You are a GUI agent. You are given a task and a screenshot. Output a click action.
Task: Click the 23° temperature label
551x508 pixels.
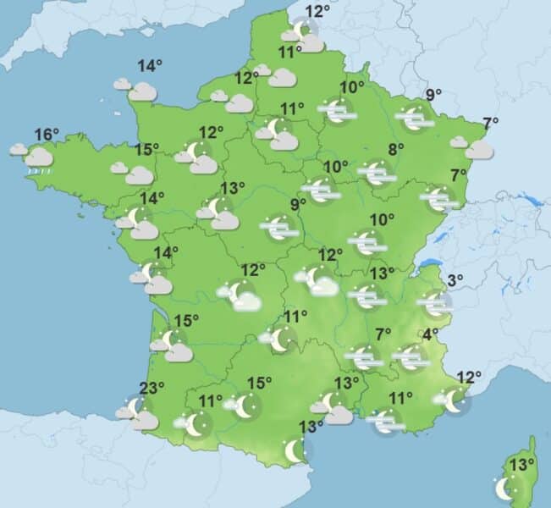[x=152, y=389]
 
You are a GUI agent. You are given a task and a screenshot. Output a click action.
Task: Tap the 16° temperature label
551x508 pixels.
[x=47, y=134]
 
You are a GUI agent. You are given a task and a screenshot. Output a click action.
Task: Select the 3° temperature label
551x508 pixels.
[x=455, y=281]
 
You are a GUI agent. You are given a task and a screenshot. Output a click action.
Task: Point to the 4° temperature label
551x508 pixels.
[x=431, y=334]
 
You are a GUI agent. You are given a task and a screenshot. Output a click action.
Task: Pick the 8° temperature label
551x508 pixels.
[x=395, y=150]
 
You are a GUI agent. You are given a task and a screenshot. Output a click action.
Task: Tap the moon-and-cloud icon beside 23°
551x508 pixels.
[x=138, y=413]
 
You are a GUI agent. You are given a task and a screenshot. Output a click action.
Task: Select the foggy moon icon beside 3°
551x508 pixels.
[x=436, y=302]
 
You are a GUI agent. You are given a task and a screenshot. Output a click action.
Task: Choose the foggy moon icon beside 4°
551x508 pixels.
[x=412, y=356]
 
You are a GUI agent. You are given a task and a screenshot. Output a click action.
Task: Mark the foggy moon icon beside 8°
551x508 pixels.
[x=377, y=173]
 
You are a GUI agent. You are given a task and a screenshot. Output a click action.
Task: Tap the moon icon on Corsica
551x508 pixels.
[x=506, y=489]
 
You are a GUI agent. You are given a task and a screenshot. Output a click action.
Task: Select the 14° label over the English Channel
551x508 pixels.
[x=151, y=66]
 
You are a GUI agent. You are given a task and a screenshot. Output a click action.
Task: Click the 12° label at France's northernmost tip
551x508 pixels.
[x=317, y=11]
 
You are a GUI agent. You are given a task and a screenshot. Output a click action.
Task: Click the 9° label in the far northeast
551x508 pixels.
[x=434, y=95]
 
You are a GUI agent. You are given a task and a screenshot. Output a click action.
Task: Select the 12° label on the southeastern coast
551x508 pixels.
[x=469, y=376]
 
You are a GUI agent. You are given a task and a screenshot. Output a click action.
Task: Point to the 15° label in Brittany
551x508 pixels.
[x=146, y=150]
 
